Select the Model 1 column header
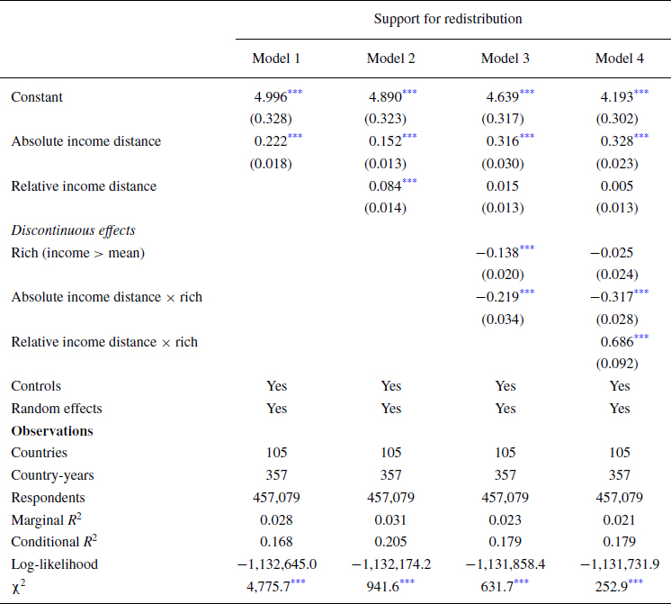coord(276,59)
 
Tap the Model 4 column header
coord(619,59)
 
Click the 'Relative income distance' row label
coord(84,186)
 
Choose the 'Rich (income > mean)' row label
coord(78,253)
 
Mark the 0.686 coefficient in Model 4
coord(615,342)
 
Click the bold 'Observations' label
coord(52,430)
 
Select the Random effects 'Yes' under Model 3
coord(505,409)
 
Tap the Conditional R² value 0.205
coord(390,542)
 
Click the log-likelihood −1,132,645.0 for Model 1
coord(276,564)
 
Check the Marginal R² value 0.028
coord(276,519)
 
